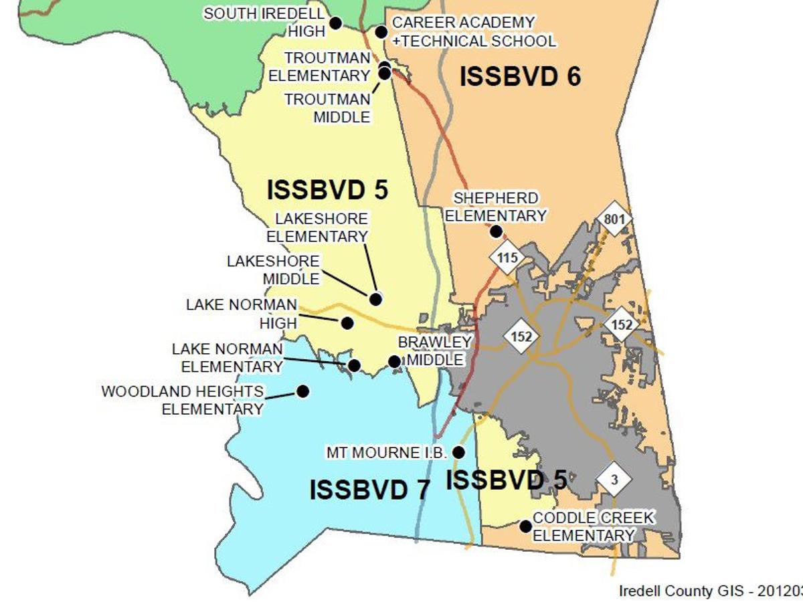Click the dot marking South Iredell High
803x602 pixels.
[x=336, y=23]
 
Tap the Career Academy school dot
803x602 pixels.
[x=381, y=31]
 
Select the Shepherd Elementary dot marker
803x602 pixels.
[x=496, y=231]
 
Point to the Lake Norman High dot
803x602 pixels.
[x=347, y=323]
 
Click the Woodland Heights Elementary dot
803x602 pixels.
[x=302, y=391]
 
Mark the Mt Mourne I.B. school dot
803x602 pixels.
[x=458, y=452]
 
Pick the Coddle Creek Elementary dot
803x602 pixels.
[x=526, y=526]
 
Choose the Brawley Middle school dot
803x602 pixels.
[x=395, y=361]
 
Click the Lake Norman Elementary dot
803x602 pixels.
[x=354, y=365]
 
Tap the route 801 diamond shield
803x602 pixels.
[x=614, y=219]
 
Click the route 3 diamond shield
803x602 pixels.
[x=615, y=479]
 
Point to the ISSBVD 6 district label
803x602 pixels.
[x=520, y=77]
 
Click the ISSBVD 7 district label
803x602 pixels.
[x=369, y=490]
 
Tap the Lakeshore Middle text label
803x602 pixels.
[x=273, y=270]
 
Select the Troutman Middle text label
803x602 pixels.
[x=327, y=108]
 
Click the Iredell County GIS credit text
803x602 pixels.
[x=710, y=591]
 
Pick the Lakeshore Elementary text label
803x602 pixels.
[x=318, y=227]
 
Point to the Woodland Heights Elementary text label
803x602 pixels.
[x=183, y=400]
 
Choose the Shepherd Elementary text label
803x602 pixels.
[x=496, y=207]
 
